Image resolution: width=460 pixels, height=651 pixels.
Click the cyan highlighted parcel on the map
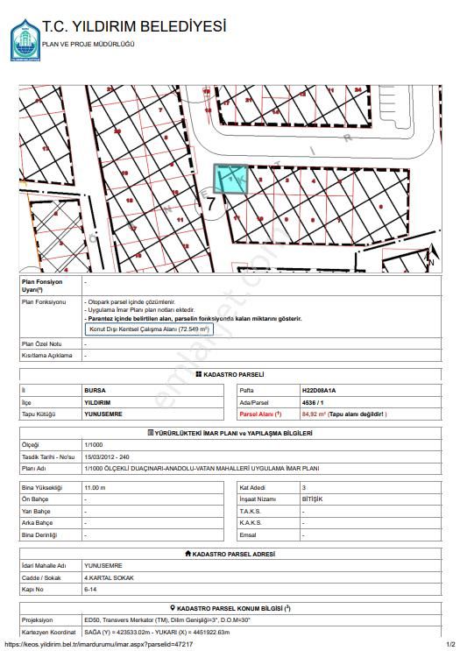point(231,179)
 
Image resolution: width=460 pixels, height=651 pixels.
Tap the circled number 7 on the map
point(210,202)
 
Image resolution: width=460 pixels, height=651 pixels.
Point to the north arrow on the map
point(429,255)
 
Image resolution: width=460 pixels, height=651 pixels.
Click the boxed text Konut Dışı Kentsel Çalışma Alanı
point(147,329)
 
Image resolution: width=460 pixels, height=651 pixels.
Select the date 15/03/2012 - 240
point(107,457)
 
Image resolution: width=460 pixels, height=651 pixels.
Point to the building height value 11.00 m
point(95,487)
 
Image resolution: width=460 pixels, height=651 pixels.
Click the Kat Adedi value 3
point(303,487)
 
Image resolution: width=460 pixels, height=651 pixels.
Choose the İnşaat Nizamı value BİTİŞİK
point(312,499)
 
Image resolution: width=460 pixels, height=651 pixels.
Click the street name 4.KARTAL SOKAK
point(110,578)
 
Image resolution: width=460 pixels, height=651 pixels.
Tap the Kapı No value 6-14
point(92,591)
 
